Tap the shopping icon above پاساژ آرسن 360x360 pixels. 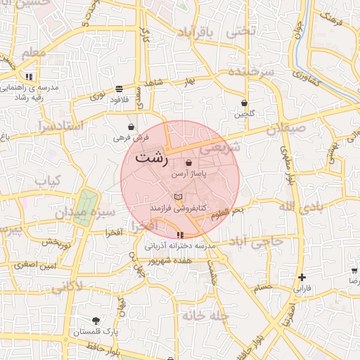click(x=188, y=162)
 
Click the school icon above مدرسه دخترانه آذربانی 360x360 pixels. click(x=181, y=235)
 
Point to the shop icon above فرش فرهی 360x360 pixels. click(x=131, y=127)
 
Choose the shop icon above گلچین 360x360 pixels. click(x=244, y=103)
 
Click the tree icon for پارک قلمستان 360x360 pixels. click(x=96, y=320)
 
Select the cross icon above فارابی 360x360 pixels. click(x=302, y=277)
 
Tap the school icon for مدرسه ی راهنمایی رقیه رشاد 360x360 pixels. click(x=29, y=77)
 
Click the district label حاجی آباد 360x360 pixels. click(x=261, y=241)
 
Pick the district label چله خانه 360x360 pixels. click(x=205, y=316)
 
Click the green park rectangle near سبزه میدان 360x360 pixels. click(x=84, y=208)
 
